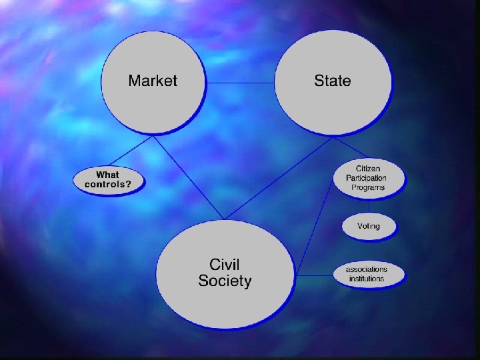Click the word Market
click(153, 81)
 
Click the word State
click(332, 81)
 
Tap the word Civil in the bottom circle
click(224, 264)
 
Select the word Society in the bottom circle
click(225, 281)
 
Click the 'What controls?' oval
click(108, 180)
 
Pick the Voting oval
click(369, 226)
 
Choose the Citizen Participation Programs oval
click(369, 178)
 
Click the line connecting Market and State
click(240, 83)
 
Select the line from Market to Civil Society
click(190, 177)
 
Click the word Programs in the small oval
click(369, 187)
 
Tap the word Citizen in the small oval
click(369, 169)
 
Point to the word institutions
click(367, 279)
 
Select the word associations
click(367, 269)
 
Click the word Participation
click(366, 178)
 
